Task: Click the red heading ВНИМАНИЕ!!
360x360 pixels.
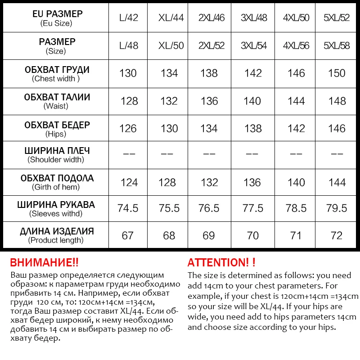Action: click(x=44, y=262)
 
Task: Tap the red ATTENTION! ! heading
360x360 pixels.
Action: click(x=221, y=262)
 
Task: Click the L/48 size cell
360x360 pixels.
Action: click(x=129, y=46)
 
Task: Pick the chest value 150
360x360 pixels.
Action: click(x=337, y=73)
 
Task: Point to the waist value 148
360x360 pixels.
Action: click(x=337, y=101)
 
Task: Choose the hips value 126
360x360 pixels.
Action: click(x=128, y=129)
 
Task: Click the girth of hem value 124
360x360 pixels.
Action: click(x=129, y=183)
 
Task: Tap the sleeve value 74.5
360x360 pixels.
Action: click(x=128, y=208)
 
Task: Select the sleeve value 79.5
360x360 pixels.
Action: click(x=337, y=208)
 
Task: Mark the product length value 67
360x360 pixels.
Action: click(x=128, y=236)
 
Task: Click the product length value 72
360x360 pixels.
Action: click(x=337, y=236)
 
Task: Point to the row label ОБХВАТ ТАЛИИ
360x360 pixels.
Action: click(x=57, y=97)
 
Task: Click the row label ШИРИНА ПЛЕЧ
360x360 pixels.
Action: click(x=57, y=151)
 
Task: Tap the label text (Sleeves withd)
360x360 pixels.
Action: click(x=56, y=214)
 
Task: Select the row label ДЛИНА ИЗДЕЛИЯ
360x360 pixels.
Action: click(x=57, y=231)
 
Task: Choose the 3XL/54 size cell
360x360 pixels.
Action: click(x=254, y=46)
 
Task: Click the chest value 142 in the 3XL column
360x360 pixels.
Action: click(x=253, y=73)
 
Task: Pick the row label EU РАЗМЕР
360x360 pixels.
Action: click(x=57, y=14)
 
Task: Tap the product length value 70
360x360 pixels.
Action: click(x=253, y=236)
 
